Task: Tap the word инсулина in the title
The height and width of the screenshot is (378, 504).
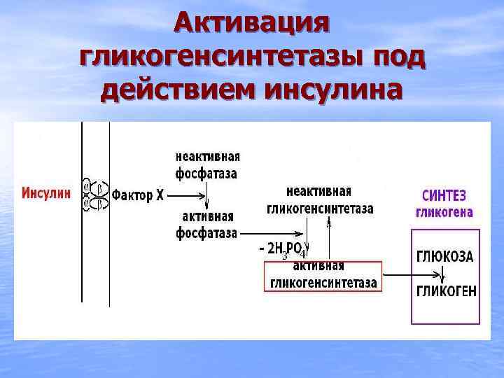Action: (333, 91)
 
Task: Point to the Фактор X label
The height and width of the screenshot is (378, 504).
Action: (138, 195)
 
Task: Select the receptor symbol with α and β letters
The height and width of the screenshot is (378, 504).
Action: (96, 195)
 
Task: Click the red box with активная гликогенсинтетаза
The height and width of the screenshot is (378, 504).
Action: (323, 276)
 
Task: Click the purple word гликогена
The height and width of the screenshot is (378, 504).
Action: (444, 212)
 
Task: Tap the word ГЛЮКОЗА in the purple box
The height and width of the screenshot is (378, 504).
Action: (444, 256)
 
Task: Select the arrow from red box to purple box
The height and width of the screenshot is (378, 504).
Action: (395, 276)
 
